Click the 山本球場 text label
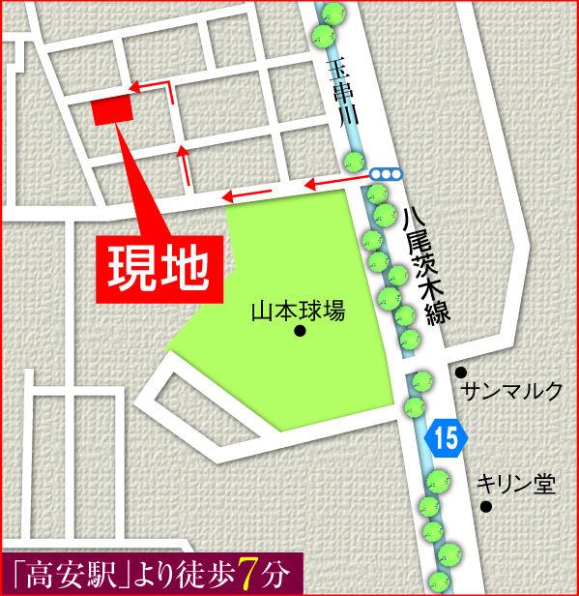[298, 313]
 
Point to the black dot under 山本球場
[299, 332]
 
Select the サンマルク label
[512, 391]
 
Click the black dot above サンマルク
[462, 371]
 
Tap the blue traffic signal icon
[385, 174]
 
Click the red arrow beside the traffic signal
[333, 180]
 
